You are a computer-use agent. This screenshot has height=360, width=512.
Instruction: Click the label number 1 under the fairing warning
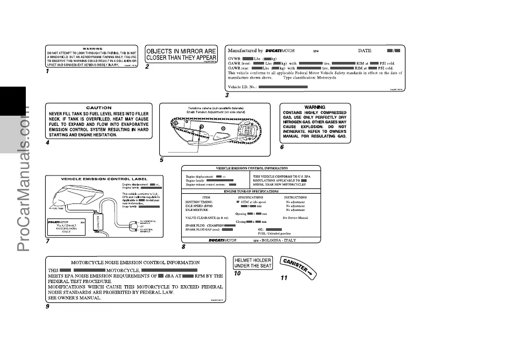click(x=47, y=70)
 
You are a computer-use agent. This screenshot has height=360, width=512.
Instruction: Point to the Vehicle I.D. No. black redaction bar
click(x=282, y=87)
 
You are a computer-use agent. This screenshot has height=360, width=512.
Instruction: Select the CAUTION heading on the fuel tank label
click(x=98, y=108)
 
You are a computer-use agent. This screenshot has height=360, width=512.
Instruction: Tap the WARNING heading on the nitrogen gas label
click(x=315, y=107)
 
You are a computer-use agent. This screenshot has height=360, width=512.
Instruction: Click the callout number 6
click(x=282, y=147)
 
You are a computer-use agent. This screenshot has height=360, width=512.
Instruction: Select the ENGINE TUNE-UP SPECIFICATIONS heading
click(x=251, y=191)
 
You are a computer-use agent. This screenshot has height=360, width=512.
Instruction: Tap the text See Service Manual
click(x=295, y=218)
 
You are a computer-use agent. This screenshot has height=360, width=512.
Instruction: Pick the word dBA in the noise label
click(x=173, y=276)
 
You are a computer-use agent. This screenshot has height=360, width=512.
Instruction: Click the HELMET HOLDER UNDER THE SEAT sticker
click(x=253, y=263)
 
